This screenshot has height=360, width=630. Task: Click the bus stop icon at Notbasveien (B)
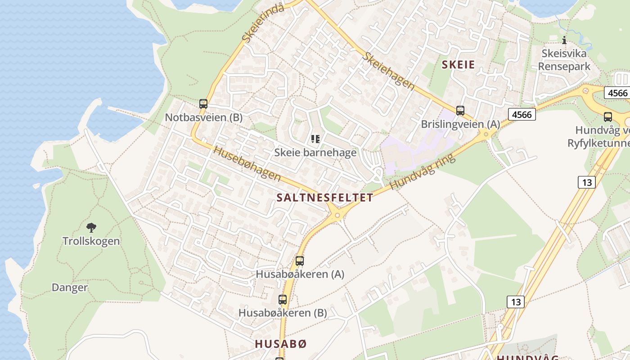203,104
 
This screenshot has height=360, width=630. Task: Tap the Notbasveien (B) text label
203,117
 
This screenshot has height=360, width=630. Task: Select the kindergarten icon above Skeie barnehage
315,139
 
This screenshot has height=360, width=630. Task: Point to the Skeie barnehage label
315,153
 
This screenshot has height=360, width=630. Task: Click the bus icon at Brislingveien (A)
460,111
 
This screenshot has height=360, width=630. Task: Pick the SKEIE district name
458,65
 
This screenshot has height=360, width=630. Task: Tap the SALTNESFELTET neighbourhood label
325,198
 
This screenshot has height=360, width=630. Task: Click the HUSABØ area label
281,344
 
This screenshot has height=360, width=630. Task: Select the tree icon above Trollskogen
91,227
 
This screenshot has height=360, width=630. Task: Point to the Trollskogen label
91,241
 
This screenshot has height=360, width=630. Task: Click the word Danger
70,288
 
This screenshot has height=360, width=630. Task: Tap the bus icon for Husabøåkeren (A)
299,261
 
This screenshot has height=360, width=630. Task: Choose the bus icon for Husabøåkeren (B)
283,299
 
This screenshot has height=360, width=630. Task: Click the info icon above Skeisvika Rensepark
564,40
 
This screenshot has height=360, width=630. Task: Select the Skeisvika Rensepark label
564,60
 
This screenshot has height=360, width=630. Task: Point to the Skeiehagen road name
389,71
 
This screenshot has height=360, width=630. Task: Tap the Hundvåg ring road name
423,171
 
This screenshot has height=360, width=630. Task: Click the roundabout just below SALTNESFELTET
337,215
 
